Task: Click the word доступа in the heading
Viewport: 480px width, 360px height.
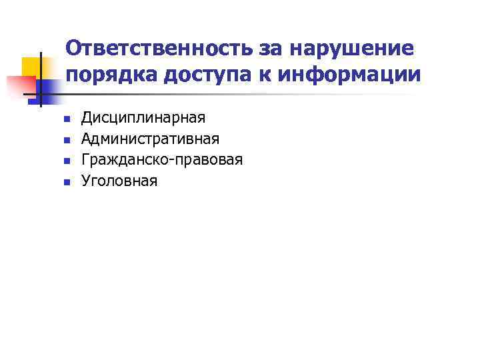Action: (211, 75)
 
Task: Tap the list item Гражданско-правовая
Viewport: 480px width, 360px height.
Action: (161, 160)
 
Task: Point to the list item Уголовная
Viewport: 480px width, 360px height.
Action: (119, 181)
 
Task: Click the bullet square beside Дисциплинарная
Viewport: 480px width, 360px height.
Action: (66, 120)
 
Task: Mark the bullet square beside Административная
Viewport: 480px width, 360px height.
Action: (66, 141)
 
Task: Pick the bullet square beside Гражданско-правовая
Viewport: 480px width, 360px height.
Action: (66, 161)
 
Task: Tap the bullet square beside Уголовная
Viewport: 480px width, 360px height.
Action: (66, 182)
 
